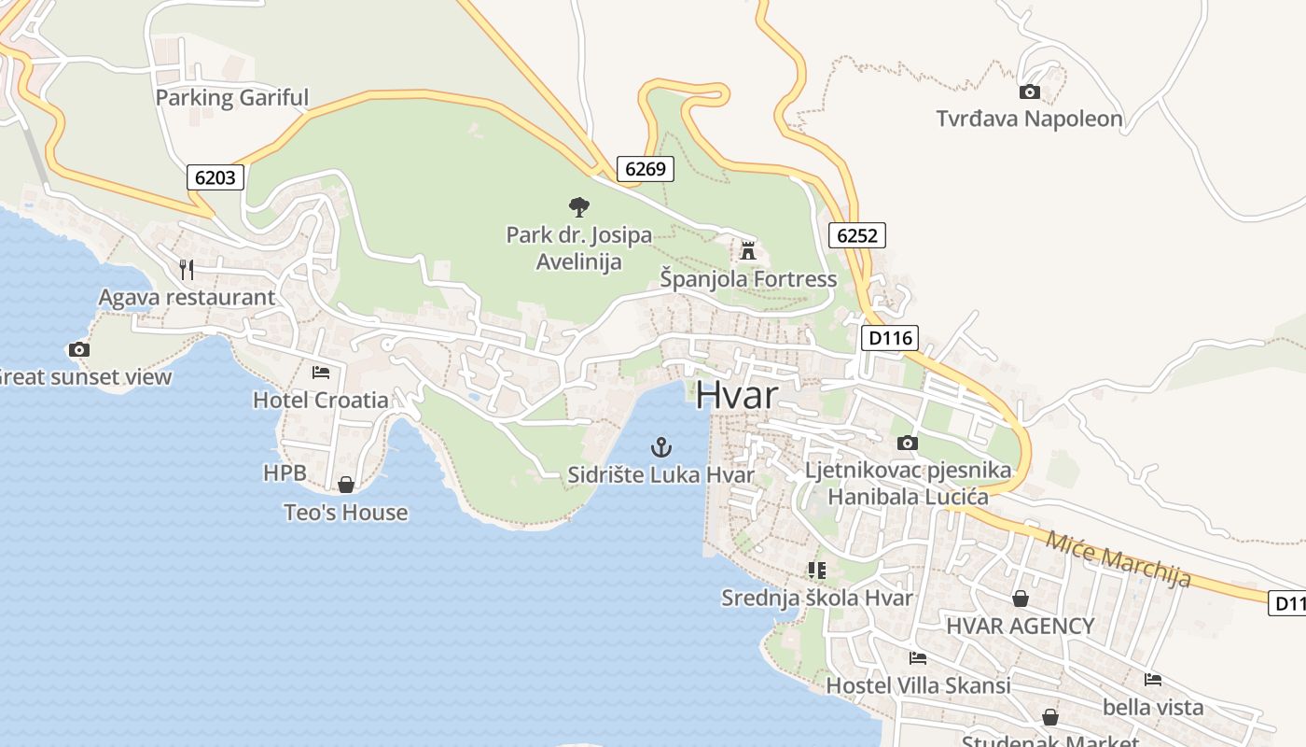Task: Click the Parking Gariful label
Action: coord(231,97)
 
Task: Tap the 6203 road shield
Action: coord(215,176)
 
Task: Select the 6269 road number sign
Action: coord(645,169)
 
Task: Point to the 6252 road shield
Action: coord(856,235)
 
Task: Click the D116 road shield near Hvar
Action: coord(889,338)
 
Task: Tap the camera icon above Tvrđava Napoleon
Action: coord(1029,92)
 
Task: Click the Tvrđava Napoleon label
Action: coord(1029,119)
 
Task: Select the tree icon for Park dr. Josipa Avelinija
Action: coord(578,206)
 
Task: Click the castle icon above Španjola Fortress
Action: coord(747,250)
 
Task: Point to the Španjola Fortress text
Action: coord(748,278)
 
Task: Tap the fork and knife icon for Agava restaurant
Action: coord(187,270)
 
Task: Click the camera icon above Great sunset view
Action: coord(79,349)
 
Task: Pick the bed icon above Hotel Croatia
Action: coord(321,373)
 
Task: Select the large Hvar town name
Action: coord(736,395)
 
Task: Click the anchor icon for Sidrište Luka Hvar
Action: coord(660,447)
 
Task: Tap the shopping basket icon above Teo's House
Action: coord(346,485)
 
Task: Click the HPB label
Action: coord(285,473)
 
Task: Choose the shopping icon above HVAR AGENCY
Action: coord(1021,599)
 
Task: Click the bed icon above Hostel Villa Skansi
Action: coord(918,658)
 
